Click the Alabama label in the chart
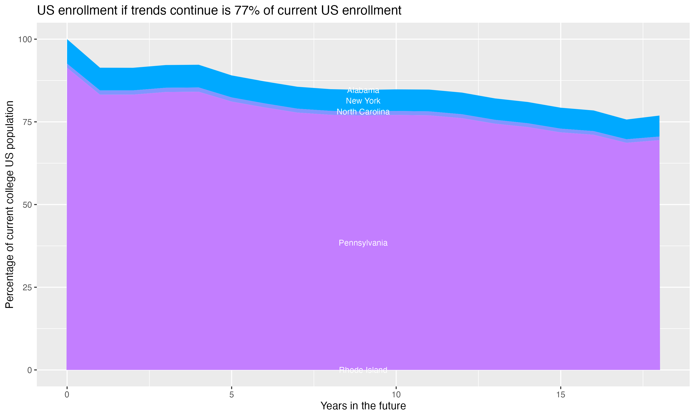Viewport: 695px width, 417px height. coord(363,91)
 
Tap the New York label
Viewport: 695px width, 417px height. coord(363,101)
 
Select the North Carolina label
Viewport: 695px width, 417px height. coord(363,112)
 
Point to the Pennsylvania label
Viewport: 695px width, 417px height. coord(363,243)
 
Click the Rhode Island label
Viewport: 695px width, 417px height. coord(363,370)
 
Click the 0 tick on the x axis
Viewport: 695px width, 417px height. coord(67,395)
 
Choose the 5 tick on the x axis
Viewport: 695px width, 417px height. coord(231,395)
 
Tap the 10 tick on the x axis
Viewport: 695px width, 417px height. coord(396,395)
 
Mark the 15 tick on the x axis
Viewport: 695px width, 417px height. coord(561,395)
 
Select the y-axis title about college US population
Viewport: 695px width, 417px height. coord(9,205)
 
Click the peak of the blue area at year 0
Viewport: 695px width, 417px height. coord(67,40)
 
